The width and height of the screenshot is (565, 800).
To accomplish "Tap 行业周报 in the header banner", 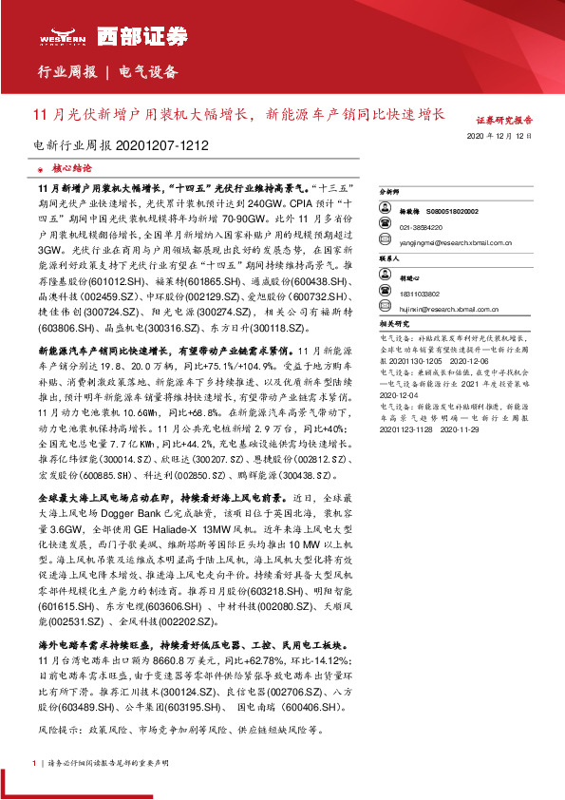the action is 65,72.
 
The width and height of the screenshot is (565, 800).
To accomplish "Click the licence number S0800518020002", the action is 459,210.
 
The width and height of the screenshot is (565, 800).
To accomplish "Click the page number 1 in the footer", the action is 34,762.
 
